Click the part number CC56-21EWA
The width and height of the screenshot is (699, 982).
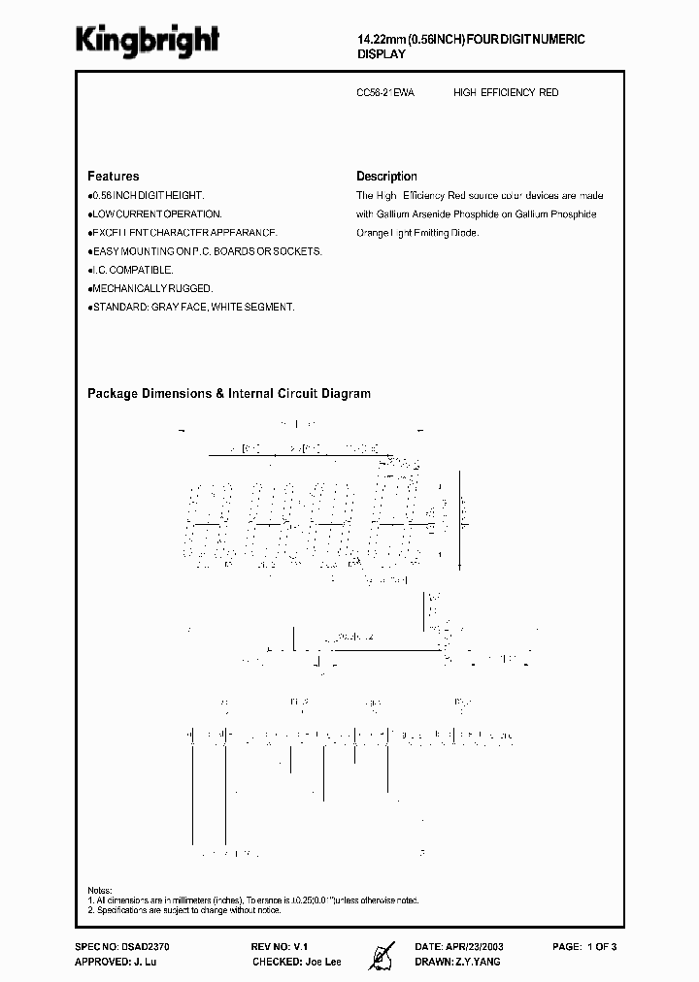click(x=385, y=93)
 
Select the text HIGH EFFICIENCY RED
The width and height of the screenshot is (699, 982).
click(x=506, y=93)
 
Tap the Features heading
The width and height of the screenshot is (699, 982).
click(x=113, y=177)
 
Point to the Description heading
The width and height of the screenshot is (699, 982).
click(x=386, y=177)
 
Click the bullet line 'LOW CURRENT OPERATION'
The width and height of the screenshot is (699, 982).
click(x=155, y=213)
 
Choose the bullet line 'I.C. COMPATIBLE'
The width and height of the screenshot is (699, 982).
click(x=132, y=270)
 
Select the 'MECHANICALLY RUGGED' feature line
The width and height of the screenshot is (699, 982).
click(x=150, y=288)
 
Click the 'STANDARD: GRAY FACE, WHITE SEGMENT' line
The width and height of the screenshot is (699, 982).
click(x=191, y=307)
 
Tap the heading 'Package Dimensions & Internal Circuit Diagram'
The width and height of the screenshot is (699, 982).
click(x=229, y=394)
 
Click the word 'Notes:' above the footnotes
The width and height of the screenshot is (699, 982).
click(x=100, y=890)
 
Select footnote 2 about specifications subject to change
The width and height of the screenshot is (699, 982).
click(x=184, y=911)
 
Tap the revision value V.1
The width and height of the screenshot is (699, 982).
click(x=304, y=945)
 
